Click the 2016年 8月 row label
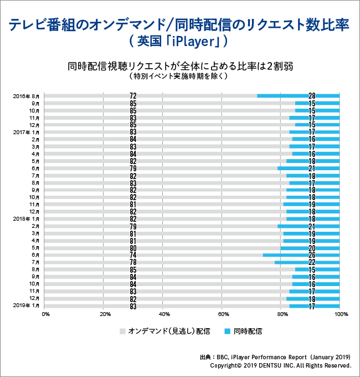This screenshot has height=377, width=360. [x=26, y=96]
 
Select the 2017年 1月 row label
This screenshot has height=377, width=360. [x=26, y=132]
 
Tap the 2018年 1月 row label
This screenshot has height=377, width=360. [x=26, y=218]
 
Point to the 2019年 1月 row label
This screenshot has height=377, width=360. [x=26, y=305]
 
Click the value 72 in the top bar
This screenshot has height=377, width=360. [x=133, y=96]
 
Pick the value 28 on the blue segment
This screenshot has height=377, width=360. [x=311, y=96]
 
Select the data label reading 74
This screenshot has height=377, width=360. [x=133, y=255]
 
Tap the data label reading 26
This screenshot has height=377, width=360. [x=311, y=255]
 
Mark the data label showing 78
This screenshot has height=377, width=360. [x=133, y=262]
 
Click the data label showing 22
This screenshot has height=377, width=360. [x=311, y=262]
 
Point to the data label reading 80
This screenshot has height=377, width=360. [x=133, y=248]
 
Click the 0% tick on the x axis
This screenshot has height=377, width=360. [x=45, y=314]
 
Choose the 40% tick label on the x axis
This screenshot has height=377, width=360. [x=163, y=314]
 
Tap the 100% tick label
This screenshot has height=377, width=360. [x=341, y=314]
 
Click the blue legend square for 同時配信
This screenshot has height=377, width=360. [x=227, y=332]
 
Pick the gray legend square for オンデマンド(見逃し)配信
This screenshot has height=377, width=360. [x=122, y=332]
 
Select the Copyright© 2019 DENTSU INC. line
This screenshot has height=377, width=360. [x=281, y=366]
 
